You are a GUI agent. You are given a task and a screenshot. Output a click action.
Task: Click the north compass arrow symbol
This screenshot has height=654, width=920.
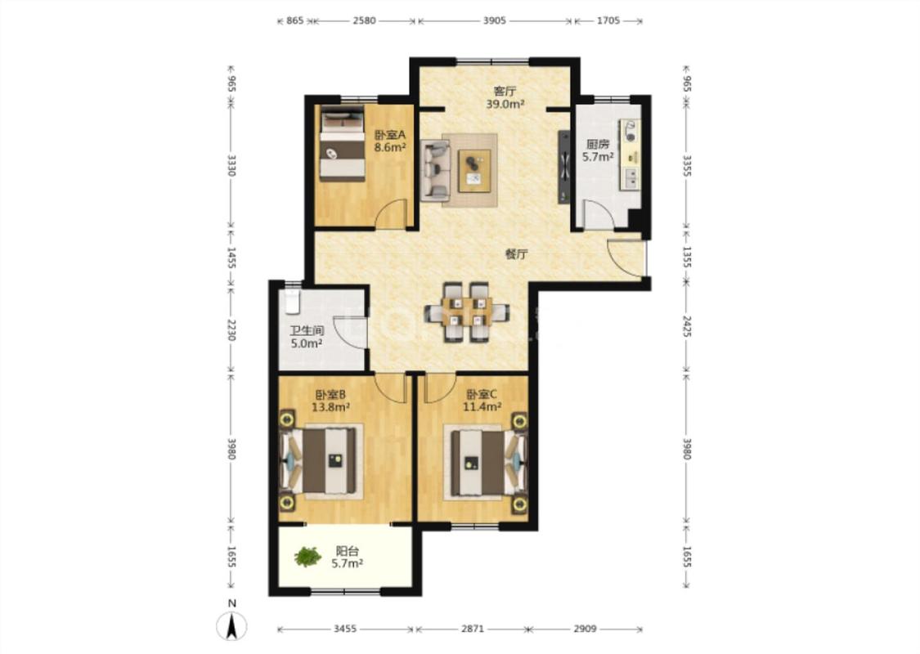coord(231,625)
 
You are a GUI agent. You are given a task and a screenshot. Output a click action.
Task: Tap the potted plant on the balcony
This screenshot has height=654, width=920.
coord(307,557)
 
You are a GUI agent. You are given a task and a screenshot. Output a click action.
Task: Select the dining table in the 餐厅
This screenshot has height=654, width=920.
coord(467,311)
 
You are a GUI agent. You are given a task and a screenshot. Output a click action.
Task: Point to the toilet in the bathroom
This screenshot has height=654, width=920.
coord(292,302)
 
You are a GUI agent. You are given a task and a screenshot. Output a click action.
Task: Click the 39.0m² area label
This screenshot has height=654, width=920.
coord(505,105)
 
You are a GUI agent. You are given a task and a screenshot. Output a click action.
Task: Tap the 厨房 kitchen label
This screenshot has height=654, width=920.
coord(598,144)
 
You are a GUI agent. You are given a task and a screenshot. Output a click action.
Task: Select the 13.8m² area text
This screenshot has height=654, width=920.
coord(330,407)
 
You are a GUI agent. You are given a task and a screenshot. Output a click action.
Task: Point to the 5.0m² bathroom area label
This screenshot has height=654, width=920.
coord(307,343)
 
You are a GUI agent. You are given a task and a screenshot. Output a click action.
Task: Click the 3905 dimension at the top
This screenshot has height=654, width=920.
coord(494,20)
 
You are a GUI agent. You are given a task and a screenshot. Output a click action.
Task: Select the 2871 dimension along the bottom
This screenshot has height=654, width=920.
coord(473,629)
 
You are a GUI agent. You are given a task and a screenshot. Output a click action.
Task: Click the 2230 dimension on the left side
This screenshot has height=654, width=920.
coord(231,329)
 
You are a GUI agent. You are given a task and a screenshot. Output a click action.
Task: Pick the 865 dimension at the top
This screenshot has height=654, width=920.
coord(295,20)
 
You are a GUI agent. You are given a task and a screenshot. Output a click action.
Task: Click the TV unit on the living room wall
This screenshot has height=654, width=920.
coord(563,167)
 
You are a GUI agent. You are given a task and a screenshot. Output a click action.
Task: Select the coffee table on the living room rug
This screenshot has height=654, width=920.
coord(474,170)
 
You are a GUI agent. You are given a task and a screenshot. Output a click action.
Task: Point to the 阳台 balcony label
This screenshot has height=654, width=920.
coord(347,551)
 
